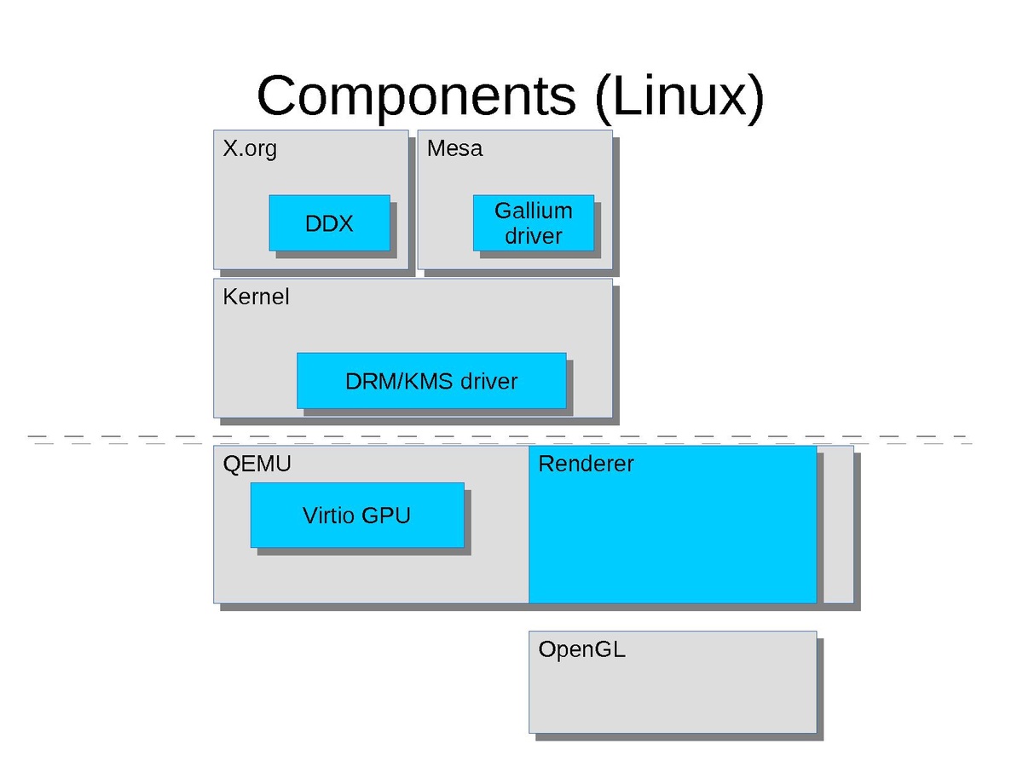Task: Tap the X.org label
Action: point(250,149)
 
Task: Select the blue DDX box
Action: point(329,223)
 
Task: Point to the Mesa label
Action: point(454,149)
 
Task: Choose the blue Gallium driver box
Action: point(534,223)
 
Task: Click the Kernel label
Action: point(256,297)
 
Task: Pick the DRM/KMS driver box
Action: point(431,381)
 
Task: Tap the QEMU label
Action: point(257,464)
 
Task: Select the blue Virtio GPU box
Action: point(356,516)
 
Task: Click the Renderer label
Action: point(586,464)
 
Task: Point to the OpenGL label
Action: point(581,649)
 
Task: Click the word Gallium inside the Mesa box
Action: point(534,211)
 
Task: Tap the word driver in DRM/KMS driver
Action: point(488,381)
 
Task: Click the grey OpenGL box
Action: point(672,690)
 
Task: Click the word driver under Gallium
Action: point(534,236)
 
